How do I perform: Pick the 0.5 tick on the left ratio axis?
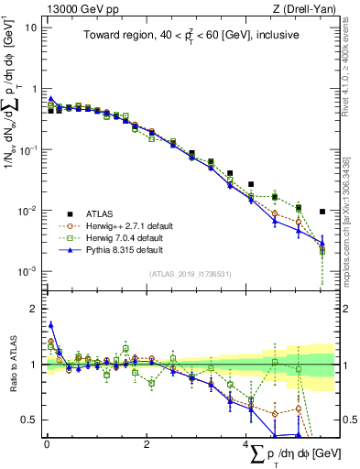click(x=29, y=420)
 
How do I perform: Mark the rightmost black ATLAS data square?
click(x=322, y=212)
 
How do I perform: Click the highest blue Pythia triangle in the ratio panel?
click(x=51, y=323)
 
